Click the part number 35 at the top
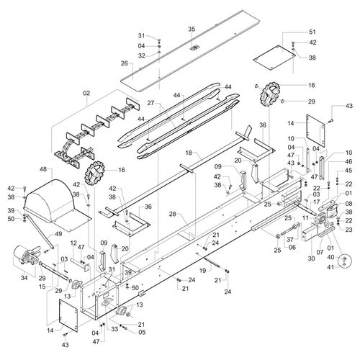pyautogui.click(x=192, y=29)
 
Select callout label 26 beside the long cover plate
pyautogui.click(x=124, y=63)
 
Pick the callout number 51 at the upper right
pyautogui.click(x=312, y=32)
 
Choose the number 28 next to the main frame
pyautogui.click(x=173, y=215)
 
